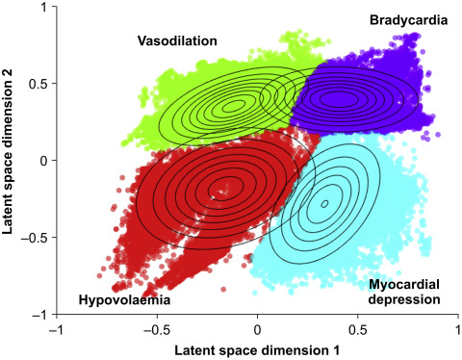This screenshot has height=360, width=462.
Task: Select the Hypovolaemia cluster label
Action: tap(124, 301)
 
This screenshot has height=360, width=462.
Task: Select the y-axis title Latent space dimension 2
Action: tap(12, 161)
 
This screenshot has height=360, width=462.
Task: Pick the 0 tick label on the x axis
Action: tap(258, 328)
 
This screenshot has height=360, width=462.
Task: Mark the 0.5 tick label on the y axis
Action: tap(38, 83)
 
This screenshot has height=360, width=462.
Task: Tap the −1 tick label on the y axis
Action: tap(39, 314)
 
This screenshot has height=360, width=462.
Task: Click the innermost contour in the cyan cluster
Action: tap(324, 203)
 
